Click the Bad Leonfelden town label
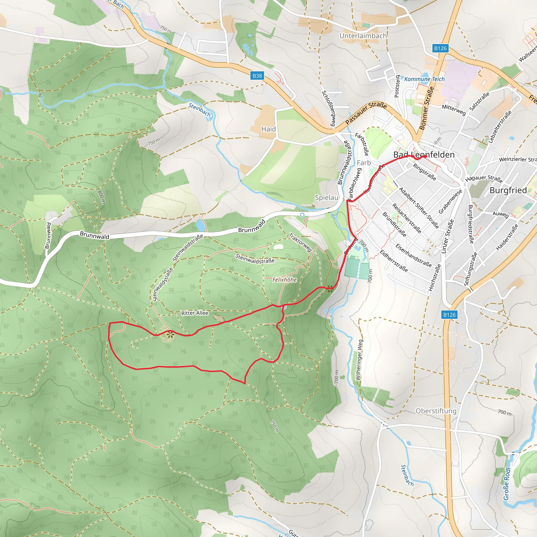pos(424,155)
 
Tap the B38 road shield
pos(257,76)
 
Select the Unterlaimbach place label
pos(363,36)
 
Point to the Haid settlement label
pos(268,129)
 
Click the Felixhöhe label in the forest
pos(284,280)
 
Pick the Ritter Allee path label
pos(195,313)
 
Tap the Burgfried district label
pos(508,190)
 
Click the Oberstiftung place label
pos(436,411)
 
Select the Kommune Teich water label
pos(425,79)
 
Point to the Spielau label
pos(327,198)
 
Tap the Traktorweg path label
pos(300,242)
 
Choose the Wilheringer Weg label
pos(359,360)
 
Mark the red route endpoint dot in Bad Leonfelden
pos(425,157)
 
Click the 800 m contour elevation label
pos(101,197)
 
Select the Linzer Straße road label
pos(447,237)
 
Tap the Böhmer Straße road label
pos(426,108)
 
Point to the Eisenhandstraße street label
pos(413,255)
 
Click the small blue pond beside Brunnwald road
pos(200,225)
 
